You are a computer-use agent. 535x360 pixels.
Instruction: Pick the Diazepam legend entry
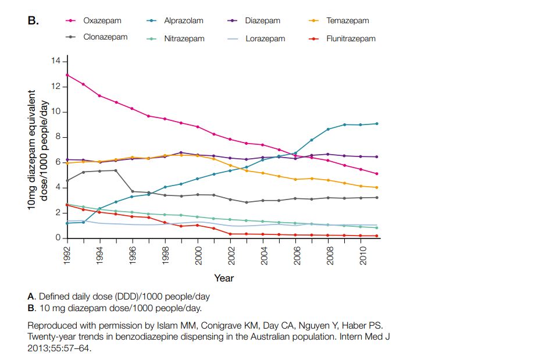click(x=262, y=21)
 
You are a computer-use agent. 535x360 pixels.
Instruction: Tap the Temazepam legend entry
click(x=347, y=21)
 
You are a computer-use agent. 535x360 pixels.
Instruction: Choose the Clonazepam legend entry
click(x=105, y=37)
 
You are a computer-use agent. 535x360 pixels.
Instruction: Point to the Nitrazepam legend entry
click(x=184, y=38)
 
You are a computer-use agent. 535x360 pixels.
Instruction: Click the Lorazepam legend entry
click(x=265, y=38)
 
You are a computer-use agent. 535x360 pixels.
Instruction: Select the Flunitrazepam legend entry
click(x=351, y=38)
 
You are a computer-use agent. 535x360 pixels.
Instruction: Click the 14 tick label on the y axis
click(x=56, y=61)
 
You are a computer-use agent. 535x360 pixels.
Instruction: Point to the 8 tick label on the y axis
click(x=58, y=137)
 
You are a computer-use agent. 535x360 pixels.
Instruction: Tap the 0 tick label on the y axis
click(x=58, y=238)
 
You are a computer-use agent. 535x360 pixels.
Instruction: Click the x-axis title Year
click(x=224, y=279)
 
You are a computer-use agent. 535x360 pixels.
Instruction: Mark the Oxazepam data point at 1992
click(x=67, y=74)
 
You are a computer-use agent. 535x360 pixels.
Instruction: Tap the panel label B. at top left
click(x=33, y=21)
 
